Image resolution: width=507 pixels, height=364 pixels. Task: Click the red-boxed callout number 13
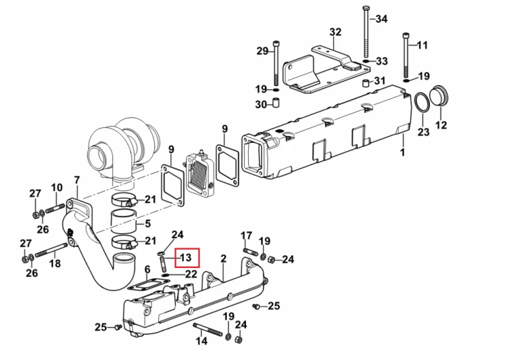(186, 258)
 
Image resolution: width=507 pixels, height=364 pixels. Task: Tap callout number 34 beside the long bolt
(381, 19)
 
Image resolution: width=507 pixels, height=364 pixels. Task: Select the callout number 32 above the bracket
(335, 32)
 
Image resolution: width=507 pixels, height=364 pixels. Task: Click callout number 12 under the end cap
(441, 125)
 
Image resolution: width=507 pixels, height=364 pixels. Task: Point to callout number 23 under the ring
(423, 132)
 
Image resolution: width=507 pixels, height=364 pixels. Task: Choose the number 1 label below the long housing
(403, 152)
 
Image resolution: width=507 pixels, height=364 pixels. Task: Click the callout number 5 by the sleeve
(148, 223)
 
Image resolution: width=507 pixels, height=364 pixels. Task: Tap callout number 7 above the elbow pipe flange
(77, 180)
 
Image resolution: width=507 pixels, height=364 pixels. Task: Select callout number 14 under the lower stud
(201, 341)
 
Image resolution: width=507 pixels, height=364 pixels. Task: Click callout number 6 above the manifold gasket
(147, 269)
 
